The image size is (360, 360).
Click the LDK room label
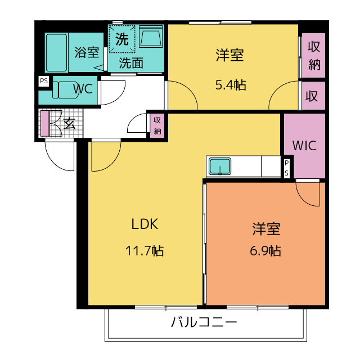tap(145, 224)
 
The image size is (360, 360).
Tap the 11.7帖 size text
tap(145, 251)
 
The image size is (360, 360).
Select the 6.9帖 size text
tap(265, 251)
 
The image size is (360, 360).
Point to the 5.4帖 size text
tap(231, 85)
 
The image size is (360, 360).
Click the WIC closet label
tap(304, 146)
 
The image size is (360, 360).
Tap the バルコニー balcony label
tap(204, 322)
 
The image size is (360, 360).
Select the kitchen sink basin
tap(220, 166)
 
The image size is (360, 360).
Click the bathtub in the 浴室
tap(56, 52)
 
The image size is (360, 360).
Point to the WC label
tap(83, 89)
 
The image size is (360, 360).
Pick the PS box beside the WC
tap(44, 81)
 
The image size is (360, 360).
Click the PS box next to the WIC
tap(287, 168)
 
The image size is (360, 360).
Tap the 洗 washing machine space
tap(121, 39)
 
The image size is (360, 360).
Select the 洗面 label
tap(131, 63)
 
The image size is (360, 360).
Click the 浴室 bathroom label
tap(87, 52)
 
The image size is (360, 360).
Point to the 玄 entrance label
tap(69, 124)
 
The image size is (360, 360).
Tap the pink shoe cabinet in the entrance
tap(45, 124)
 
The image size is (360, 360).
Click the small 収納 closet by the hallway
tap(157, 125)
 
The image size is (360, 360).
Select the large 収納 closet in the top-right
tap(314, 55)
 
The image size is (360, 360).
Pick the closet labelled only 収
tap(313, 96)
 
